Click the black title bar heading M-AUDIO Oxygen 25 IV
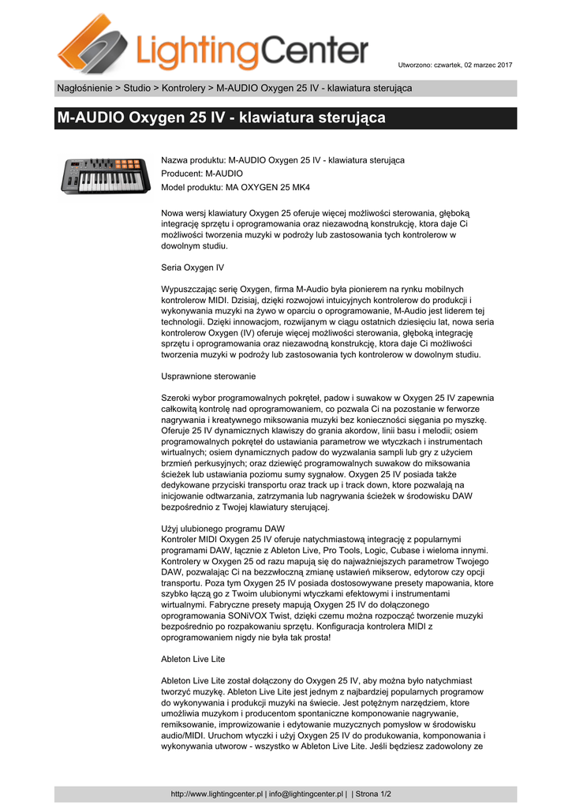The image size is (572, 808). click(x=221, y=118)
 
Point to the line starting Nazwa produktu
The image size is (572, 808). click(x=282, y=160)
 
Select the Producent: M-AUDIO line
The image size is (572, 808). click(x=202, y=174)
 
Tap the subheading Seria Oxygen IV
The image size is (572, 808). click(x=193, y=267)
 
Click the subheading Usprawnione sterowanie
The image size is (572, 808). click(x=208, y=376)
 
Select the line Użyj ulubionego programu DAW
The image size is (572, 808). click(x=222, y=528)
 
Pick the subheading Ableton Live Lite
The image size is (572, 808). click(x=193, y=658)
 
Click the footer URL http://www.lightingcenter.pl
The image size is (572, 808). click(x=216, y=794)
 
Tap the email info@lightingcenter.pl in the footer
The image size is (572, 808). click(x=306, y=794)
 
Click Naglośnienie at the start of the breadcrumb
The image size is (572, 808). click(x=84, y=88)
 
